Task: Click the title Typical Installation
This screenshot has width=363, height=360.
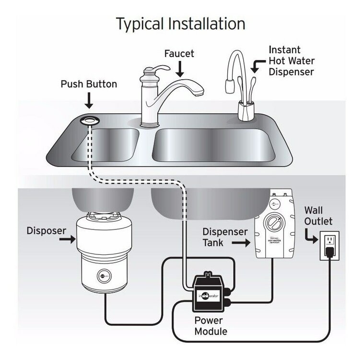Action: [x=180, y=23]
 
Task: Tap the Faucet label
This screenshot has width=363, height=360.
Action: [x=179, y=53]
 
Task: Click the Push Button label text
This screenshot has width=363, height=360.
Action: [x=89, y=84]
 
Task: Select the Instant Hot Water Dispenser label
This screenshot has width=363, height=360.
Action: [x=291, y=61]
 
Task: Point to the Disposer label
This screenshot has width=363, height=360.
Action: [x=46, y=230]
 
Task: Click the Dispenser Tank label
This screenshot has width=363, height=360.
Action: [x=225, y=237]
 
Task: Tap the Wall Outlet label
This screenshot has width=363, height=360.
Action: [x=318, y=216]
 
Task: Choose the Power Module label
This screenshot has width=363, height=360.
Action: [x=211, y=325]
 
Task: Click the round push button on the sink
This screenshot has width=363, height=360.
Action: [x=89, y=120]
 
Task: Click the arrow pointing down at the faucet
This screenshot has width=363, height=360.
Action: [x=179, y=70]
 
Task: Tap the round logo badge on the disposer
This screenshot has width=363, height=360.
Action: [x=103, y=276]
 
